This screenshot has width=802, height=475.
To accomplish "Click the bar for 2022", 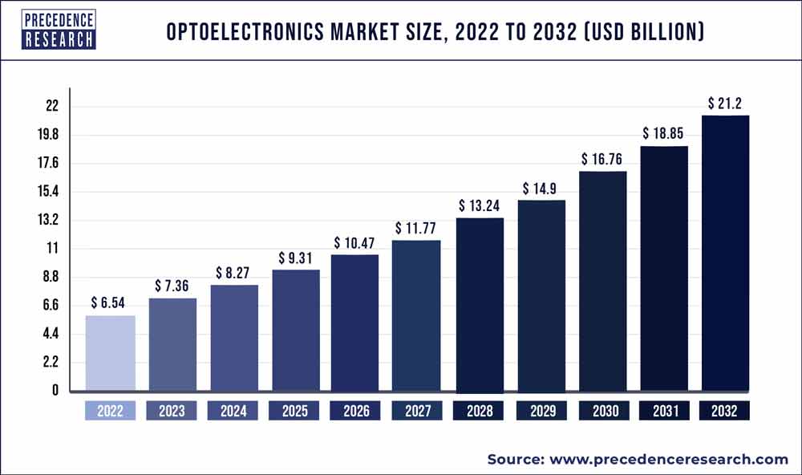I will [x=111, y=353].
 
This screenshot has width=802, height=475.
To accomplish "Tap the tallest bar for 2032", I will [x=725, y=253].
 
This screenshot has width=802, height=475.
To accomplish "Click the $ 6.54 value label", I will [x=111, y=302].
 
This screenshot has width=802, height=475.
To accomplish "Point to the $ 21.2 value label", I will [x=725, y=103].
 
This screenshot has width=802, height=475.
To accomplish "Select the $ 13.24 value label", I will [x=480, y=205].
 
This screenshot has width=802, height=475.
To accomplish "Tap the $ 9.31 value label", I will [x=296, y=258].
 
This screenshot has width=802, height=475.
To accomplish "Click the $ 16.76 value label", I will [x=601, y=159].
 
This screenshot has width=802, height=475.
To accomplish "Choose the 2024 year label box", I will [x=233, y=412].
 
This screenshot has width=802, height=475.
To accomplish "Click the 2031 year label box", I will [x=663, y=412].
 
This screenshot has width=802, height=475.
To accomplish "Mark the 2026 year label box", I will [x=356, y=412].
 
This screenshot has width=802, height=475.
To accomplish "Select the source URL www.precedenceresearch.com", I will [x=669, y=460].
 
